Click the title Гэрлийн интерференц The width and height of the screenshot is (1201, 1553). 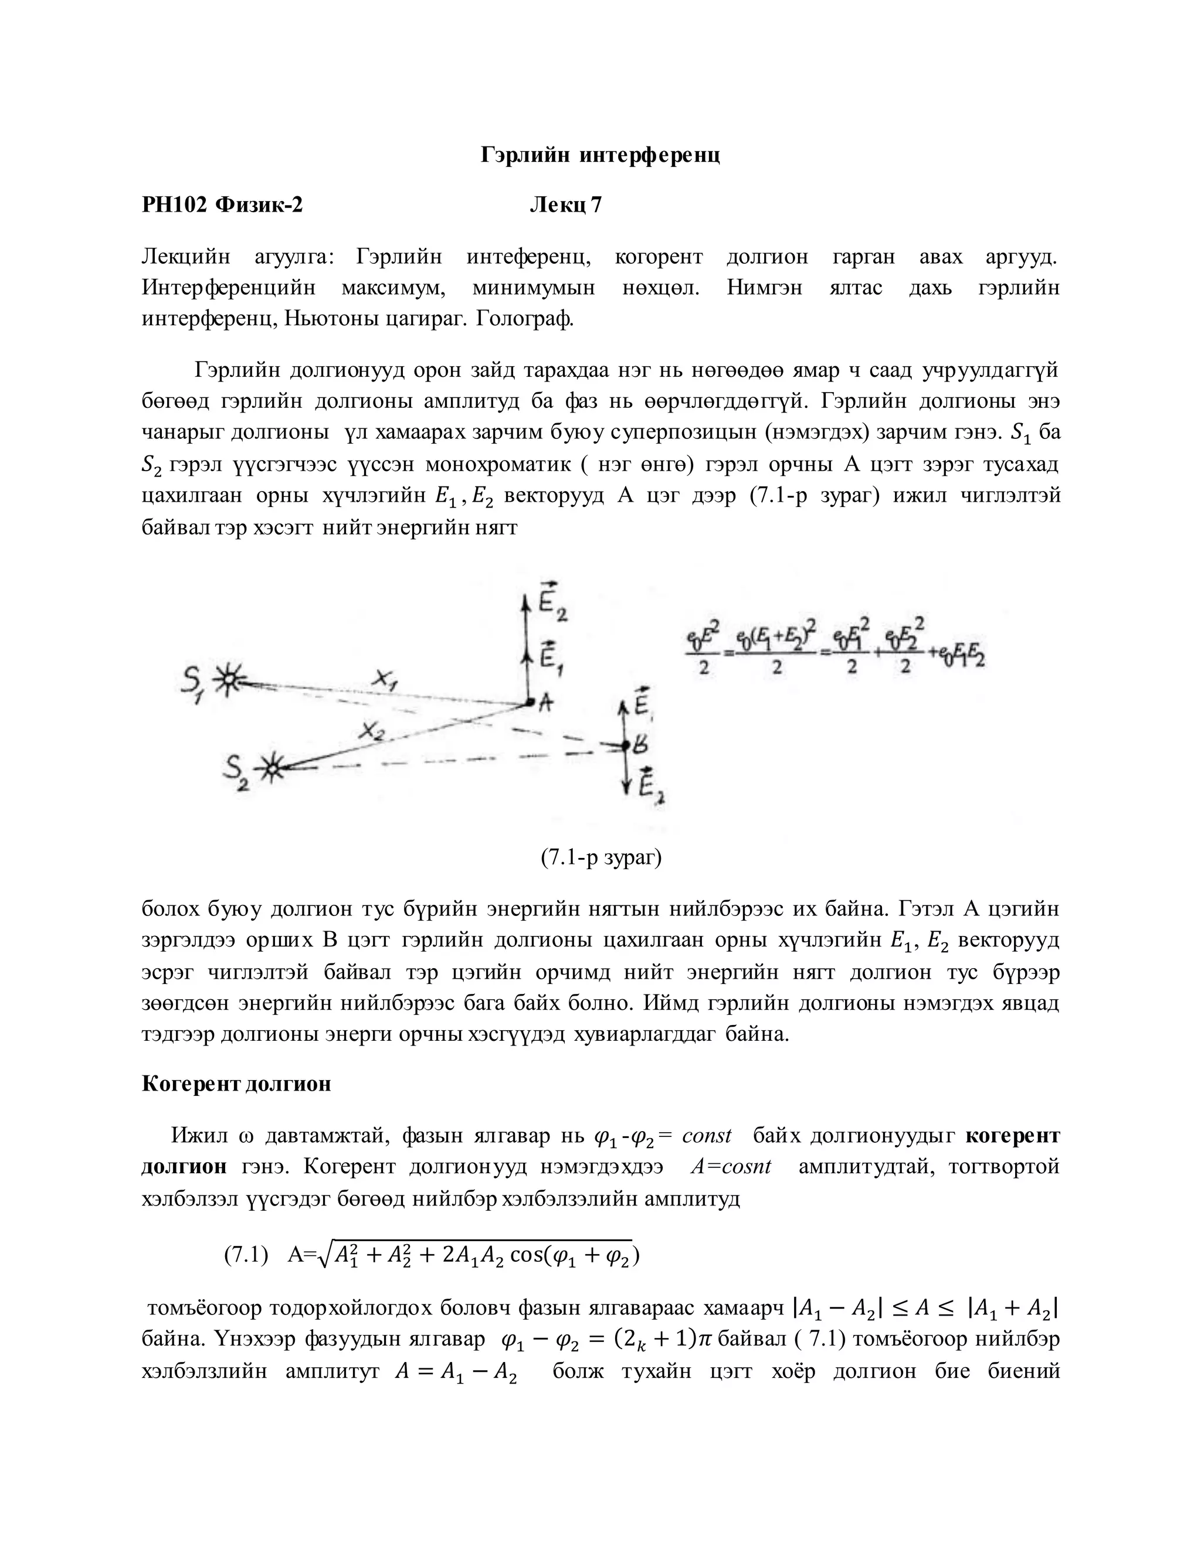click(x=600, y=155)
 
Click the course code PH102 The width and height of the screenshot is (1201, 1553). click(x=174, y=206)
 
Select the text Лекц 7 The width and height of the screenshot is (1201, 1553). click(x=566, y=206)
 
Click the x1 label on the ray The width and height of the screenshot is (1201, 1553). click(x=385, y=680)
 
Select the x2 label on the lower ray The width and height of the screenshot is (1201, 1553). click(x=371, y=730)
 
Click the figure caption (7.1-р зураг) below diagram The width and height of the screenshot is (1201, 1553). click(x=600, y=859)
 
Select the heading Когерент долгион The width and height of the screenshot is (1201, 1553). click(x=236, y=1084)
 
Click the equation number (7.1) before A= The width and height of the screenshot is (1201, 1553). click(x=246, y=1255)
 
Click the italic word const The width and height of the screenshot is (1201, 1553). click(x=706, y=1136)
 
